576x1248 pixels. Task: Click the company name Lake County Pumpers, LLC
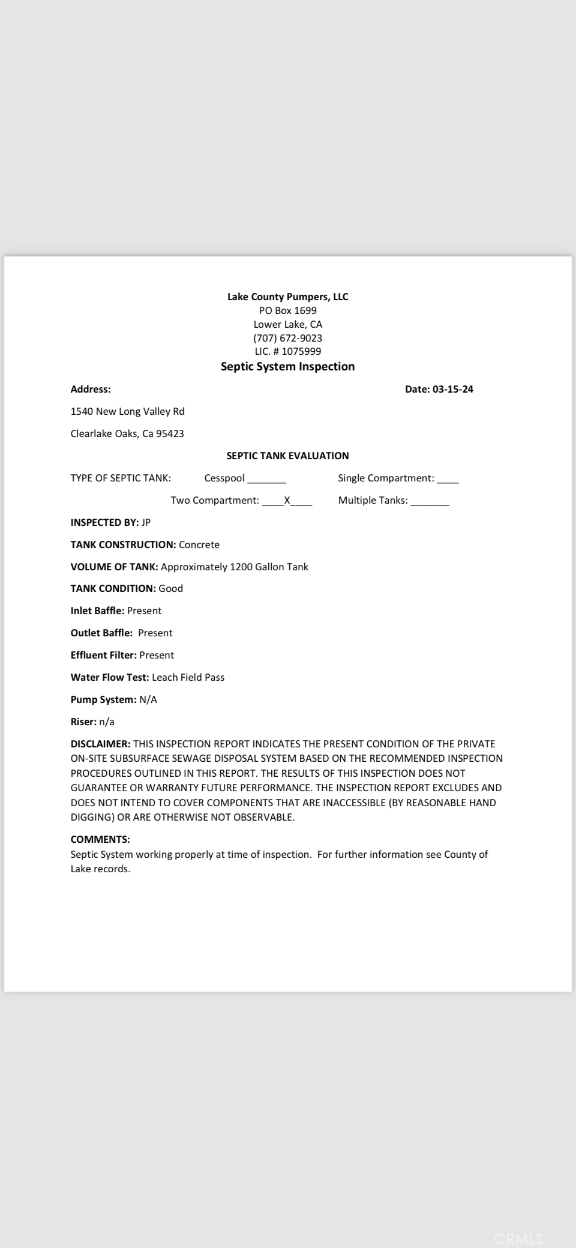[287, 297]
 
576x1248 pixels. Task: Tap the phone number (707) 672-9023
[287, 338]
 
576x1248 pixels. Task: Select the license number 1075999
[301, 352]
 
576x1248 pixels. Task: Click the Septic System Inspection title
[287, 367]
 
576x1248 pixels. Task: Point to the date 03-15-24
[452, 390]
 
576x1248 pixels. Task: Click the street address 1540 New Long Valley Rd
[127, 412]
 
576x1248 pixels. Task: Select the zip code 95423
[170, 434]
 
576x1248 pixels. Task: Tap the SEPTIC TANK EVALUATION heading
[287, 456]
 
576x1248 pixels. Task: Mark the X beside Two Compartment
[287, 501]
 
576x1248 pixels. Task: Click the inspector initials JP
[146, 523]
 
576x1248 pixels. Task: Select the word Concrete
[199, 545]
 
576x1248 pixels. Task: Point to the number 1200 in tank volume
[241, 567]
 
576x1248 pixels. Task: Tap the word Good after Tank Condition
[170, 589]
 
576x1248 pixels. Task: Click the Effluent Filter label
[103, 656]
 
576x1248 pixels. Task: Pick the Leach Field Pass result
[188, 678]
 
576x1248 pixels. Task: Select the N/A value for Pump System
[148, 700]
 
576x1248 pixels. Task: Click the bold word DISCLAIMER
[100, 744]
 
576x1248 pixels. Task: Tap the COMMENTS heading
[100, 840]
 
